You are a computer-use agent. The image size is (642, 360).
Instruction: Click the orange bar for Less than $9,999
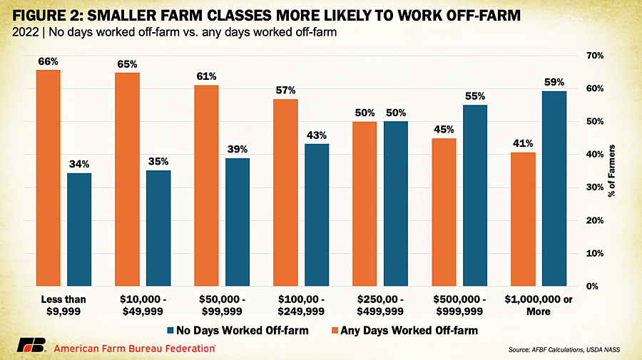point(49,178)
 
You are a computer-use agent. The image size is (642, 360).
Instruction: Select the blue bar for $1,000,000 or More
point(554,189)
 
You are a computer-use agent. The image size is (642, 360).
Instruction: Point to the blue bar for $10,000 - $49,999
point(158,228)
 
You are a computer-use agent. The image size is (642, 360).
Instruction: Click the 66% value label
point(49,62)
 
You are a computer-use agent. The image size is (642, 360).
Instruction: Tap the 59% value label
point(554,83)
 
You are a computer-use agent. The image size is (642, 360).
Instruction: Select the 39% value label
point(238,150)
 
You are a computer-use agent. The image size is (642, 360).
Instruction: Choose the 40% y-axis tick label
point(593,155)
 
